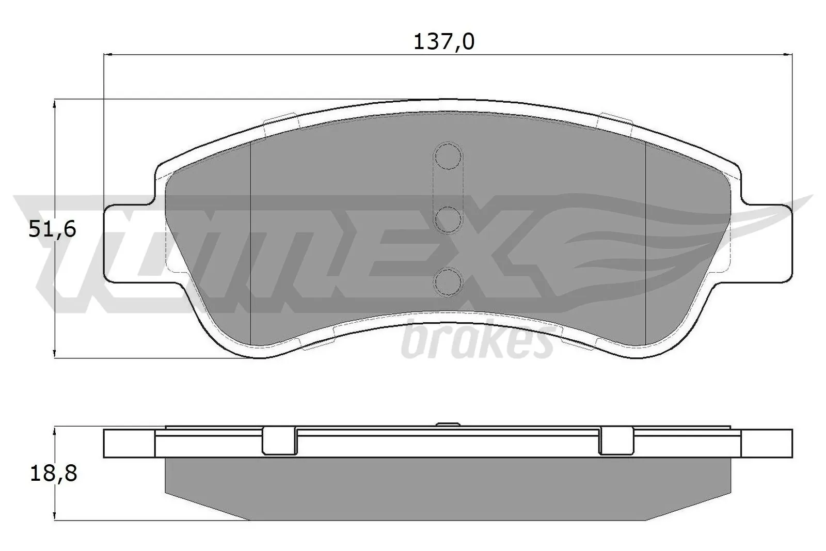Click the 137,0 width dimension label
(443, 41)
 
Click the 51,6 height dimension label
(52, 229)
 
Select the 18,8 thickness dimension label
(53, 473)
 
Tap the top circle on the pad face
(447, 155)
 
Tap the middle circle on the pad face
(447, 219)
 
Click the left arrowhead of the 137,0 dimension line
(109, 54)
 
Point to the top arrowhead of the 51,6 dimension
(54, 104)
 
